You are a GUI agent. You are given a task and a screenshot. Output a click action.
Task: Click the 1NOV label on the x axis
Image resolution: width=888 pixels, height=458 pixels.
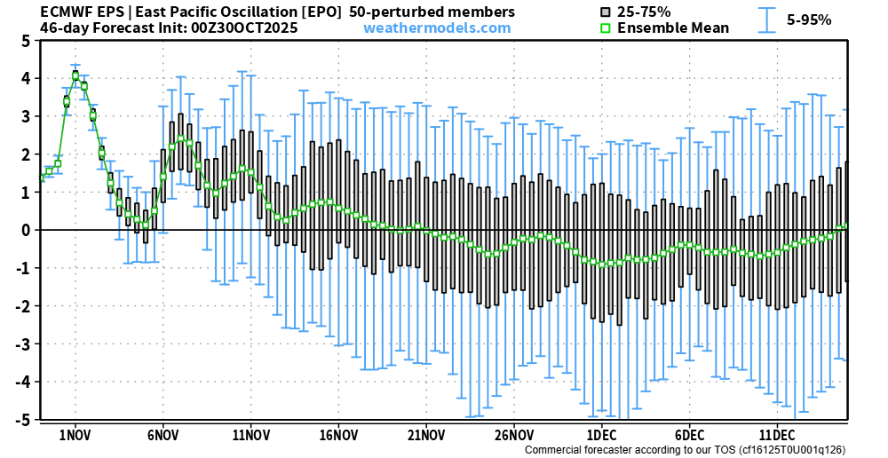pyautogui.click(x=75, y=436)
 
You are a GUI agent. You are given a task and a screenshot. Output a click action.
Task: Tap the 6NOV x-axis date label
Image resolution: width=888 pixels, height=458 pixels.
pyautogui.click(x=163, y=436)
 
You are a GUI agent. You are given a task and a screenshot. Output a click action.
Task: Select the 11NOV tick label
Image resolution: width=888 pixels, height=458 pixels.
pyautogui.click(x=250, y=436)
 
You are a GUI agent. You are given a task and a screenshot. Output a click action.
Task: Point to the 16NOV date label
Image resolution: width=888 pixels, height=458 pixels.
pyautogui.click(x=338, y=436)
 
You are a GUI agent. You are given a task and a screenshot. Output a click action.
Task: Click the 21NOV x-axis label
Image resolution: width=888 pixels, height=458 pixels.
pyautogui.click(x=426, y=436)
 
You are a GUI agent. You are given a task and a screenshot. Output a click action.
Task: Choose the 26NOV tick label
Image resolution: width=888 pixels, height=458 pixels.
pyautogui.click(x=514, y=436)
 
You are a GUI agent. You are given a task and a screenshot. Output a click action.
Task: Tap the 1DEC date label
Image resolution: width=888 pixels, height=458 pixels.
pyautogui.click(x=602, y=436)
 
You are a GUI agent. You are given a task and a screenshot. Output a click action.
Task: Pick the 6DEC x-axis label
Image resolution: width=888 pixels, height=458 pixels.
pyautogui.click(x=690, y=436)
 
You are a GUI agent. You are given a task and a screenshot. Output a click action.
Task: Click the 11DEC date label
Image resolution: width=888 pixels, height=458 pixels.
pyautogui.click(x=777, y=436)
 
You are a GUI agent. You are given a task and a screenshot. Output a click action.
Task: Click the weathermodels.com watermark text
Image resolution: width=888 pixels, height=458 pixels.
pyautogui.click(x=437, y=28)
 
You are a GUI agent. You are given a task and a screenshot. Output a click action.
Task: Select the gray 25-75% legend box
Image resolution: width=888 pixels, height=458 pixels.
pyautogui.click(x=606, y=12)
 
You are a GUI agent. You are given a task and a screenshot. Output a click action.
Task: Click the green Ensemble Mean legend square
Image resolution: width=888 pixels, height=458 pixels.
pyautogui.click(x=606, y=28)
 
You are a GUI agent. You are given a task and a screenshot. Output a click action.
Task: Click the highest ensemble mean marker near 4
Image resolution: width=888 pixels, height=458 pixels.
pyautogui.click(x=75, y=75)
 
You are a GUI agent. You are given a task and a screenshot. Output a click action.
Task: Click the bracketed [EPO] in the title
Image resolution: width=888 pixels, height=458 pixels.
pyautogui.click(x=320, y=12)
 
